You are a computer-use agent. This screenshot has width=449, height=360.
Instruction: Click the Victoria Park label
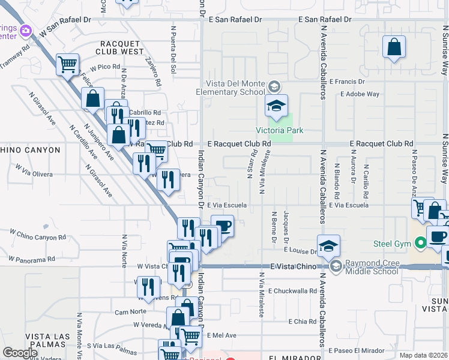pyautogui.click(x=280, y=130)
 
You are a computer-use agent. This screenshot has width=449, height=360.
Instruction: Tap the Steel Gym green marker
pyautogui.click(x=420, y=242)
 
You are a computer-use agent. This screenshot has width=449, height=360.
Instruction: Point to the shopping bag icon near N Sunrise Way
pyautogui.click(x=394, y=48)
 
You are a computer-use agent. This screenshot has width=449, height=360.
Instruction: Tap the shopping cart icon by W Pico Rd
pyautogui.click(x=68, y=64)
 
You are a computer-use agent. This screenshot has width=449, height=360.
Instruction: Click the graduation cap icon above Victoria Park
pyautogui.click(x=276, y=106)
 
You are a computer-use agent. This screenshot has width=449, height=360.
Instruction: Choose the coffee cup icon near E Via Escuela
pyautogui.click(x=222, y=226)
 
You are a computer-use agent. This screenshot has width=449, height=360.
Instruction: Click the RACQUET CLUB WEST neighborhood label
pyautogui.click(x=122, y=48)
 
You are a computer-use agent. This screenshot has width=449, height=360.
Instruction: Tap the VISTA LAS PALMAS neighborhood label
pyautogui.click(x=50, y=336)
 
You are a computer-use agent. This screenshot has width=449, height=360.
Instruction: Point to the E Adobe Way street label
pyautogui.click(x=360, y=94)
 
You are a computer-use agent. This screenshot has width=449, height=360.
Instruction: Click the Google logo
pyautogui.click(x=20, y=352)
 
